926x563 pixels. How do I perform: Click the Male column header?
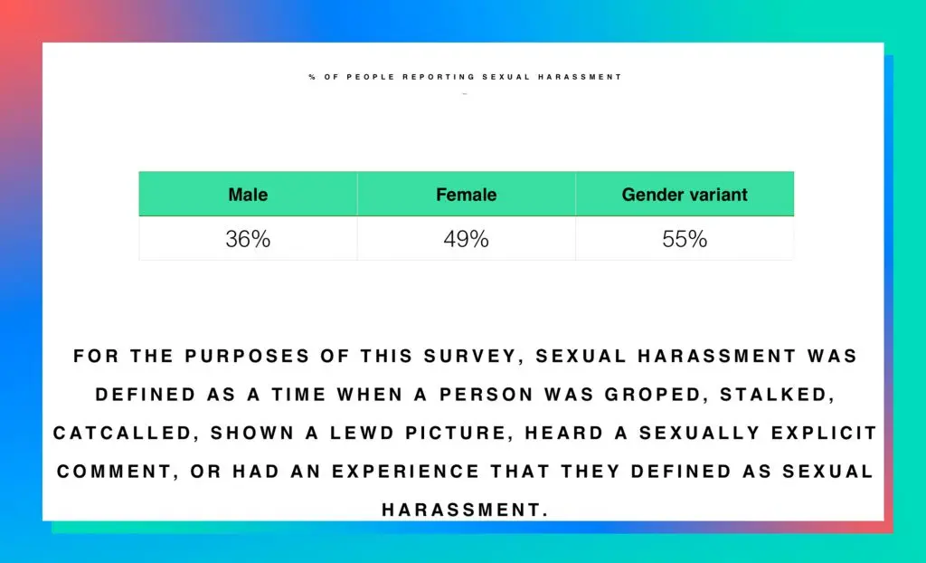pyautogui.click(x=248, y=195)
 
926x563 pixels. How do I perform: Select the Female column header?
pyautogui.click(x=466, y=195)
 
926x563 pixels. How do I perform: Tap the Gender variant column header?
pyautogui.click(x=685, y=195)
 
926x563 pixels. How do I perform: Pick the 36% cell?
pyautogui.click(x=248, y=240)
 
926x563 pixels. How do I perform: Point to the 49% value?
pyautogui.click(x=466, y=240)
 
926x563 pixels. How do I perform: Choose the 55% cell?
pyautogui.click(x=685, y=240)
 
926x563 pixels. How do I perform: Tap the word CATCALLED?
pyautogui.click(x=124, y=434)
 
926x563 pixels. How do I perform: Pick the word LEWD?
pyautogui.click(x=346, y=434)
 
